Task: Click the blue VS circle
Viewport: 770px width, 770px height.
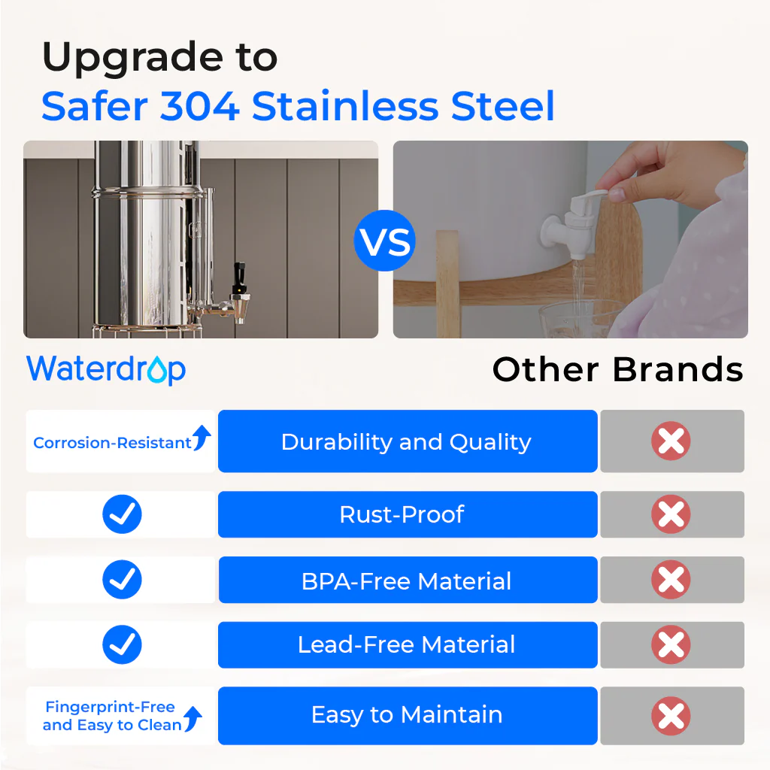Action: (x=385, y=241)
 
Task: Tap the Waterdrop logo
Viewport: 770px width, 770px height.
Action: (x=106, y=369)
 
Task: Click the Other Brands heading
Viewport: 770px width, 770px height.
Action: (x=617, y=370)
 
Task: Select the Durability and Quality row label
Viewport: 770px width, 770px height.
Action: (x=406, y=442)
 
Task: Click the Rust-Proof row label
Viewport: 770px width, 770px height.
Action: (x=402, y=515)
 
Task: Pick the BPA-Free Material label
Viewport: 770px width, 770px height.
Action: (x=406, y=581)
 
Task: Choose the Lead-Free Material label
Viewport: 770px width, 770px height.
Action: (x=406, y=645)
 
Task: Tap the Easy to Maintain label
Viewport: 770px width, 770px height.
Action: (x=406, y=714)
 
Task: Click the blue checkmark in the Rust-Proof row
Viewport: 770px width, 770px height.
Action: (x=122, y=515)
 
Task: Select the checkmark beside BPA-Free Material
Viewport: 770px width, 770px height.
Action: (x=122, y=580)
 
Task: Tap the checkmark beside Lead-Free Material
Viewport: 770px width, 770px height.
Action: (x=122, y=644)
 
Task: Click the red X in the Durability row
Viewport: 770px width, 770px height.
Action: (x=671, y=441)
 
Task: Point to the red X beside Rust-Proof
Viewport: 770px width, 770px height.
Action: (x=671, y=515)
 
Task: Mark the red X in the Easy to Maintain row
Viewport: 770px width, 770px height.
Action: (x=671, y=715)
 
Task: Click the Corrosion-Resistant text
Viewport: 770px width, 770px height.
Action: (x=112, y=443)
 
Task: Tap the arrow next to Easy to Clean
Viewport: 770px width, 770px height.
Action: (x=193, y=720)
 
